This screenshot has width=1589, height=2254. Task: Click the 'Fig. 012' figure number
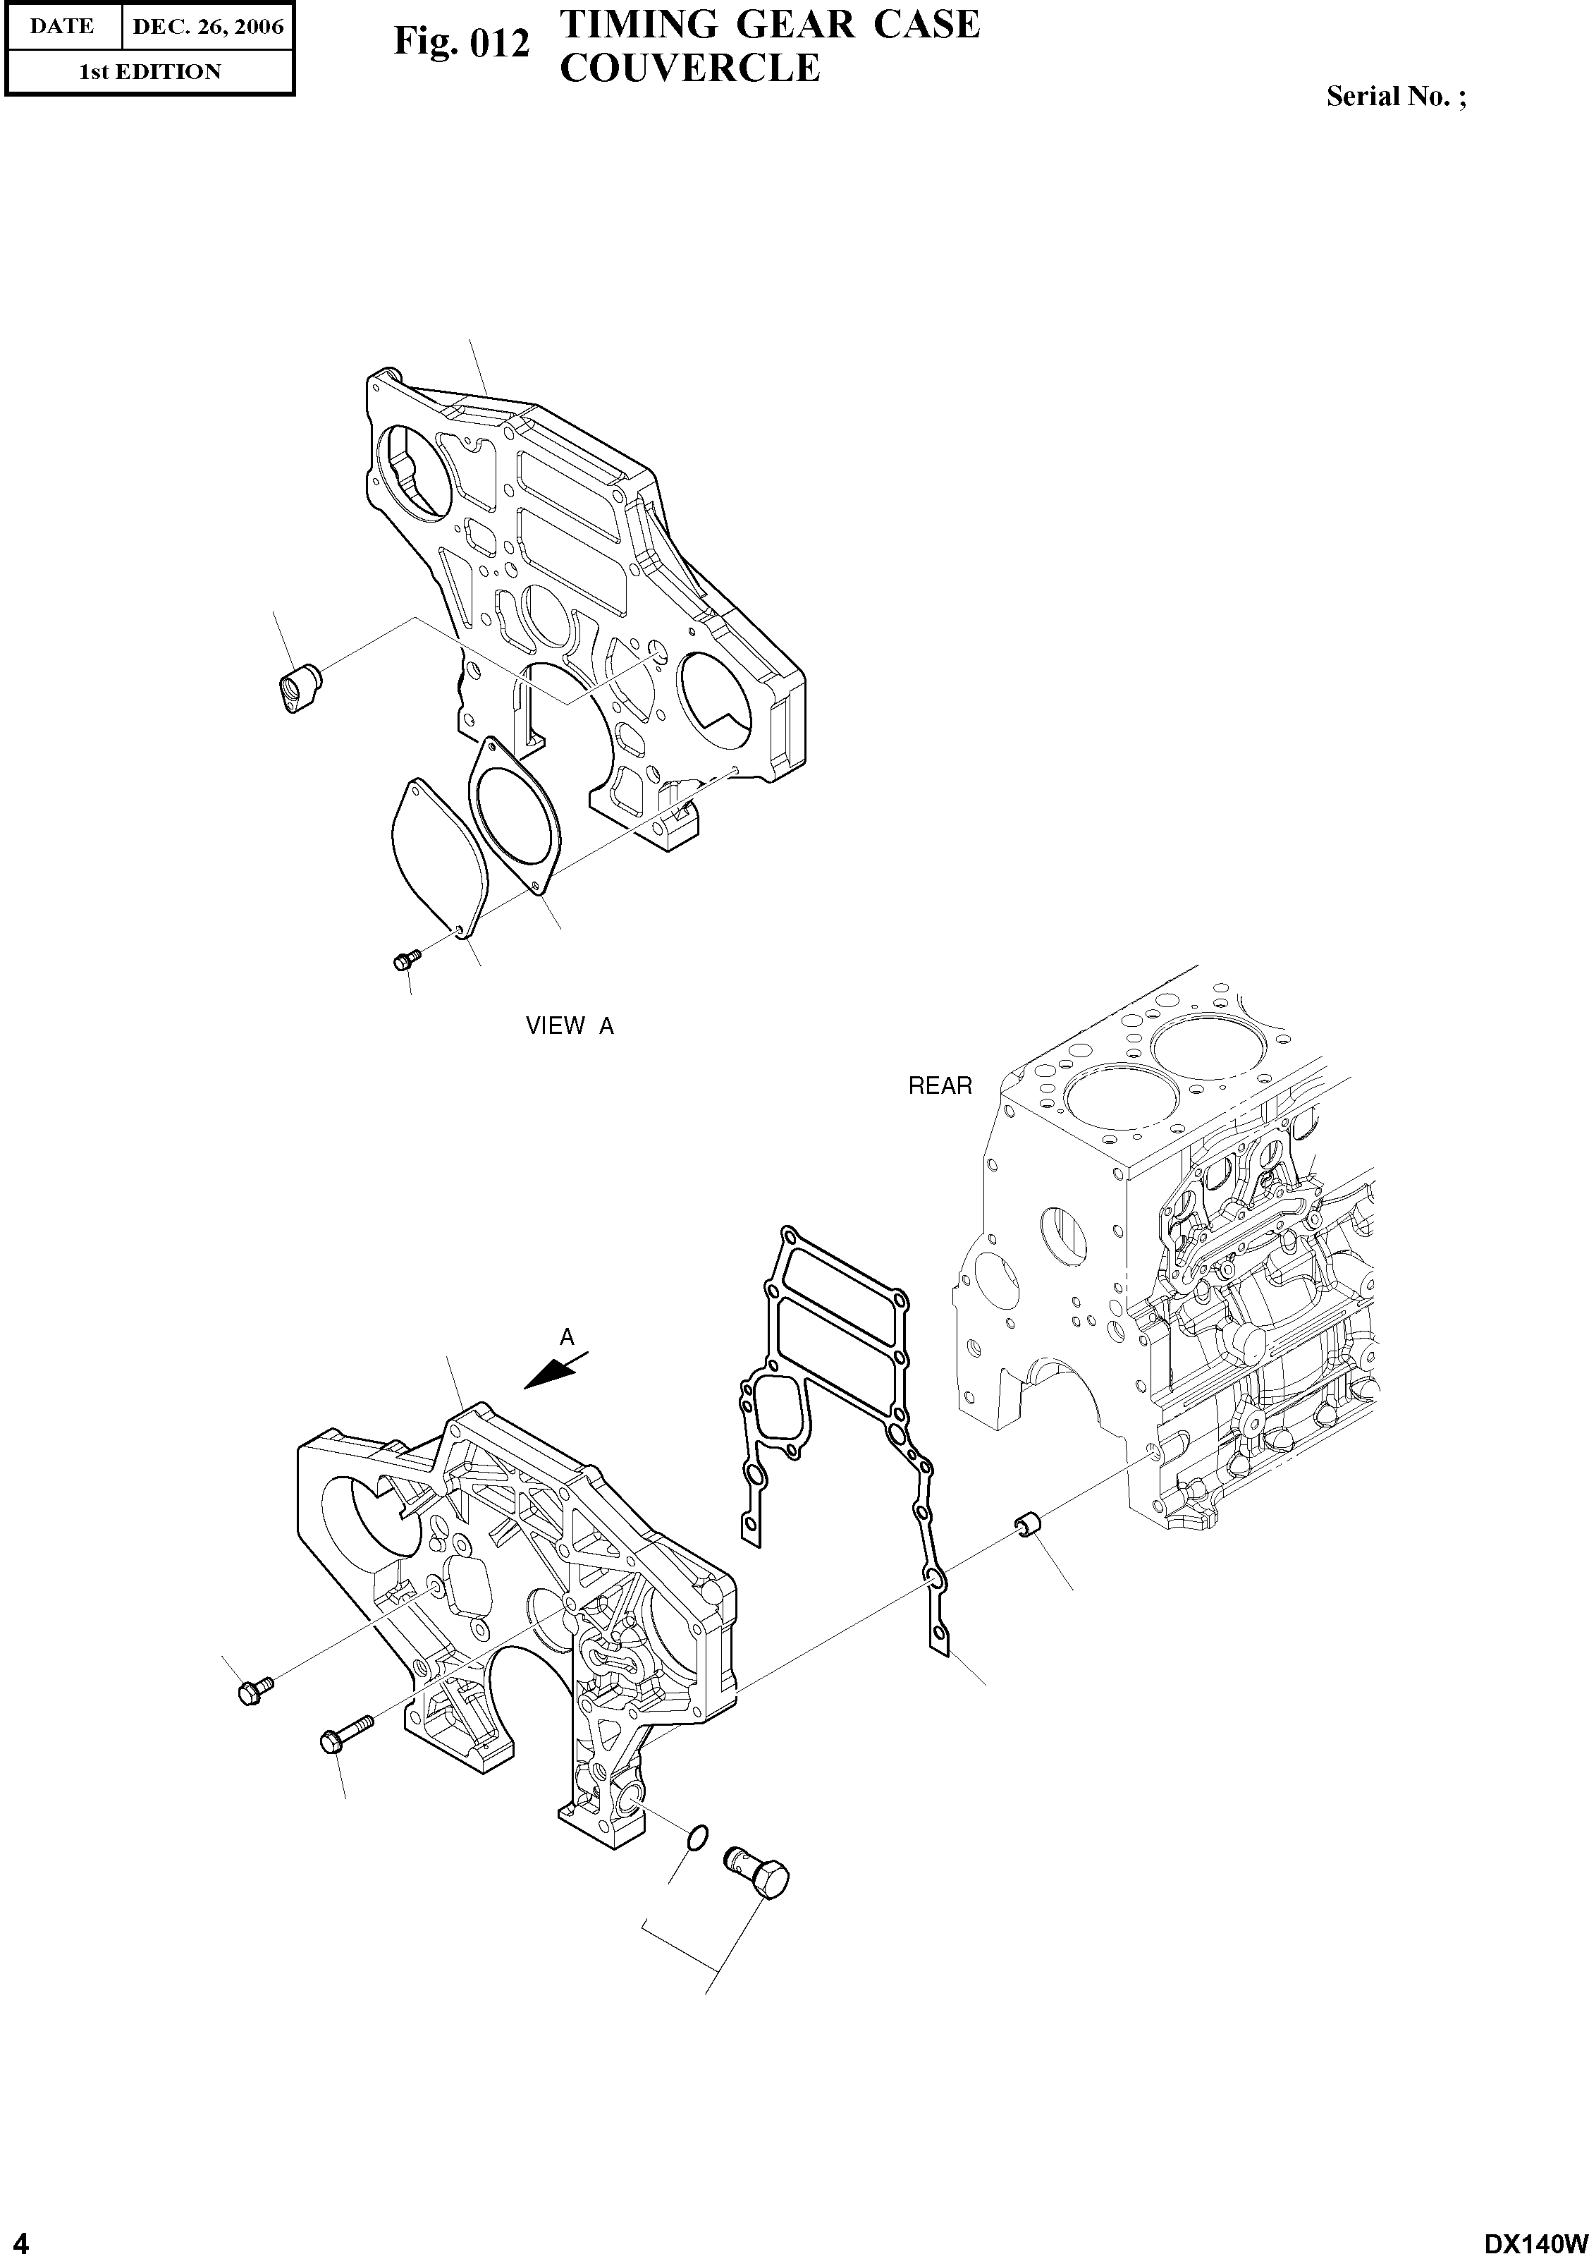[461, 43]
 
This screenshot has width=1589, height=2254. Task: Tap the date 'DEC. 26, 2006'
[207, 27]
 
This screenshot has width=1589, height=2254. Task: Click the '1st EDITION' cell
[149, 72]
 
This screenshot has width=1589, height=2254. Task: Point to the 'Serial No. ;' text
[1396, 96]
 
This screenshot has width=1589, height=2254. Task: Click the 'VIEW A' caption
[569, 1026]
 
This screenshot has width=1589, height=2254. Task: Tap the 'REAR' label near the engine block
[939, 1086]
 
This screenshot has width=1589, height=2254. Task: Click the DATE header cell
[62, 27]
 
